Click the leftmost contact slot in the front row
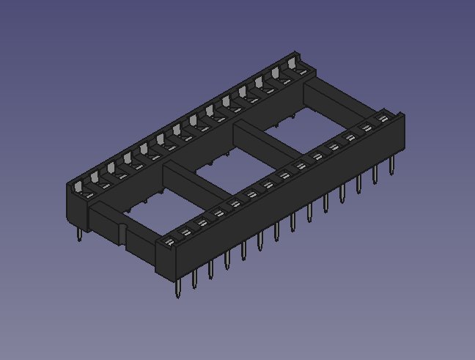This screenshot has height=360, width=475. click(x=168, y=240)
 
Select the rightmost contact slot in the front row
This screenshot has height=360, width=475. click(x=382, y=117)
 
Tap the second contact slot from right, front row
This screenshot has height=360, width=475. click(x=366, y=127)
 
